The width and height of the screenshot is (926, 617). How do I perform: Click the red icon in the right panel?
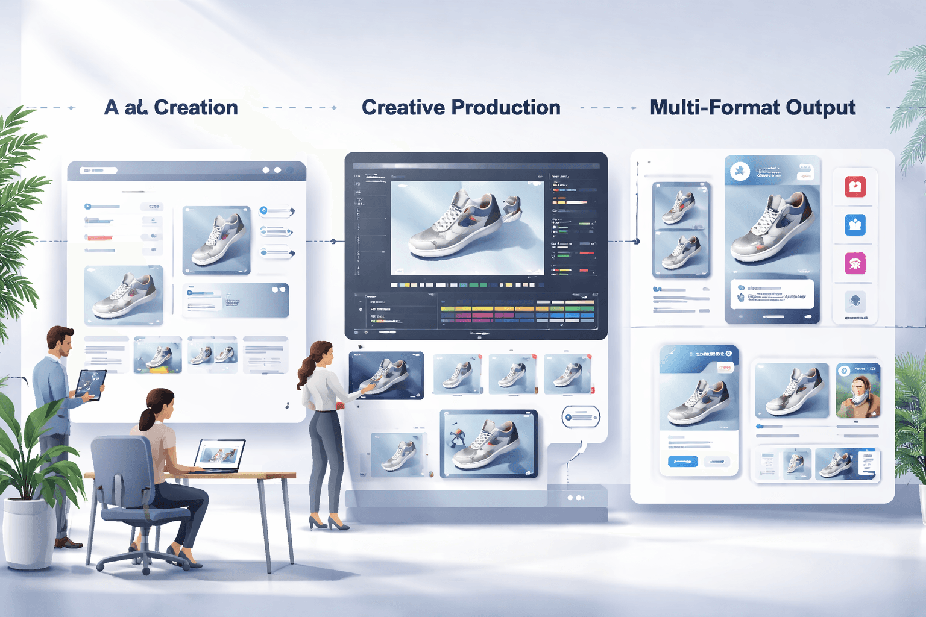pos(855,187)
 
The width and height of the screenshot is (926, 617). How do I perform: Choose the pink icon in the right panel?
pos(855,263)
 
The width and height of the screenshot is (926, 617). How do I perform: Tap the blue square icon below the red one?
pos(855,225)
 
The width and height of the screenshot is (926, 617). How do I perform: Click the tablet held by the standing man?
pos(91,384)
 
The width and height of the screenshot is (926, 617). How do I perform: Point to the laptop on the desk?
pos(221,456)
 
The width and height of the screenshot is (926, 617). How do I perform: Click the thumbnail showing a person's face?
pos(858,390)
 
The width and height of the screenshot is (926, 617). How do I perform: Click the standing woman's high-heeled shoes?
pos(329,522)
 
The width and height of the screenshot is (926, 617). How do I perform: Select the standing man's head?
pos(60,341)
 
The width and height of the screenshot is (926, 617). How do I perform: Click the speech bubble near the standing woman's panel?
pos(581,416)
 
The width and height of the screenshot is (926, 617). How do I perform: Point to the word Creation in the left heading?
pos(196,108)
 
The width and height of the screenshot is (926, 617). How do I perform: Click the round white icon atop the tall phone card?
pos(740,171)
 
